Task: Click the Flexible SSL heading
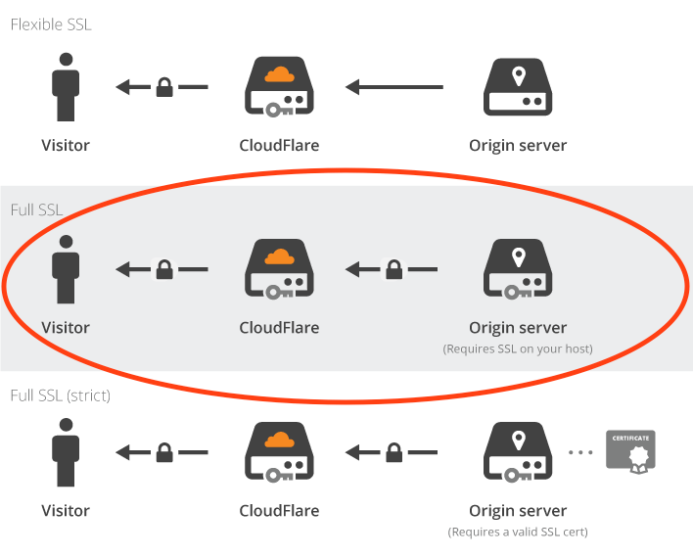pos(51,24)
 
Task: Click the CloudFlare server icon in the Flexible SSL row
pos(279,87)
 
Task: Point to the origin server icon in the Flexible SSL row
pos(518,87)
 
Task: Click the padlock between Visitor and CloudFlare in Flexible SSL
pos(165,87)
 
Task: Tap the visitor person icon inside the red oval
pos(66,268)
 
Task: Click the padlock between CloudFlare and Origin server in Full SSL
pos(393,268)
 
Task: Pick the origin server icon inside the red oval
pos(518,268)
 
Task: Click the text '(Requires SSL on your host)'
pos(518,348)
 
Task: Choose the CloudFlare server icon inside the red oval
pos(279,268)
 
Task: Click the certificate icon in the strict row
pos(630,450)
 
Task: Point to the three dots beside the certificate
pos(581,452)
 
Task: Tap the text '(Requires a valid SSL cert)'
pos(518,533)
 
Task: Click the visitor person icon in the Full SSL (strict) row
pos(66,451)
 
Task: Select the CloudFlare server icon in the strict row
pos(279,451)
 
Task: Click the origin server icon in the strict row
pos(518,451)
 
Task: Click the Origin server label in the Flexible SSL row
pos(518,146)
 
